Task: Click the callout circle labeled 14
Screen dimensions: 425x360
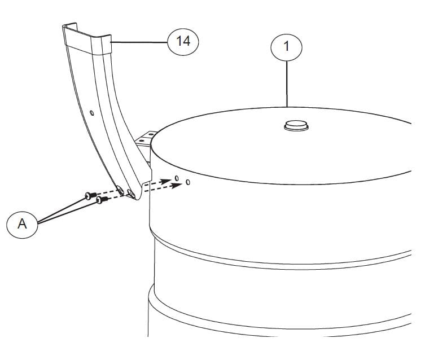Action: point(183,42)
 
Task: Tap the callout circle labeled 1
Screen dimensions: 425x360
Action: point(286,47)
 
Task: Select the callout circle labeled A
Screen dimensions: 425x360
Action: point(22,225)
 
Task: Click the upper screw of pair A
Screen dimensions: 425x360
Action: point(90,195)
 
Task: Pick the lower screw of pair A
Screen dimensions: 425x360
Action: point(102,200)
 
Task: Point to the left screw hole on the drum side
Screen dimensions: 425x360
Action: point(177,178)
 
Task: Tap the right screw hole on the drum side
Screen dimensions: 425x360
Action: point(188,182)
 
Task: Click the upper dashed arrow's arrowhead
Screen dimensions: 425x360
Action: point(165,182)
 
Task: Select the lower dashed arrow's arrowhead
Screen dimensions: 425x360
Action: point(177,186)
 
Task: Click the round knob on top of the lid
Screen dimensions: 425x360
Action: point(296,125)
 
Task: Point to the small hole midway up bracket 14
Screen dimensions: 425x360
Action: point(92,113)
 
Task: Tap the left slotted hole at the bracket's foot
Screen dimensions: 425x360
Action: point(121,191)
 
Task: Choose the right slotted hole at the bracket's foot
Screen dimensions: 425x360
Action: point(132,194)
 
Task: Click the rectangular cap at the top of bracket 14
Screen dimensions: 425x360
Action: point(87,39)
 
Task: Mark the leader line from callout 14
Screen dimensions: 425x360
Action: point(139,42)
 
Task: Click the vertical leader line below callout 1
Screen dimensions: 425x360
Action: point(287,84)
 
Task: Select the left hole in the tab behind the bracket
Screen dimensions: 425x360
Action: point(141,141)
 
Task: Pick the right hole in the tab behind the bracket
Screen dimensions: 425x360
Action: point(151,134)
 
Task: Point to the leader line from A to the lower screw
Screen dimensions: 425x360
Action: point(68,213)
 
